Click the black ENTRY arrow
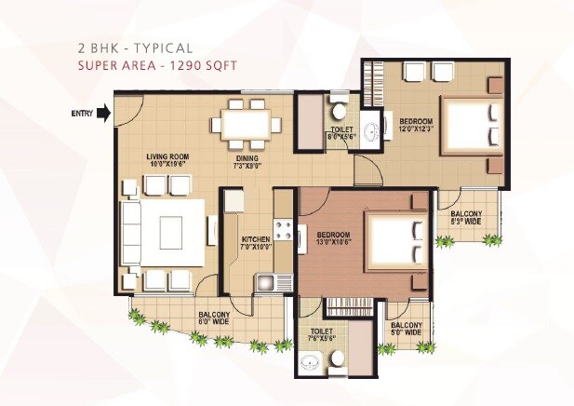click(103, 114)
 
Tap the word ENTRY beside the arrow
click(82, 114)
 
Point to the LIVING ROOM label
click(168, 160)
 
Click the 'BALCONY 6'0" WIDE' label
click(214, 319)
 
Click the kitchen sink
click(266, 279)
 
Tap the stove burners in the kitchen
click(283, 232)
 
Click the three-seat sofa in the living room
click(131, 232)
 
